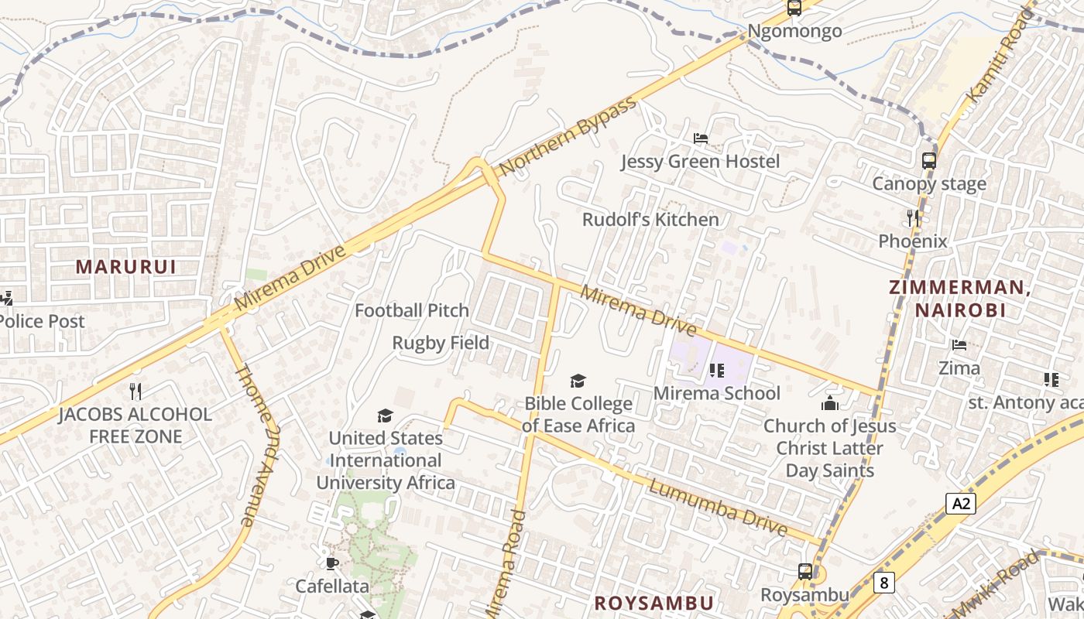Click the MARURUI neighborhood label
(125, 267)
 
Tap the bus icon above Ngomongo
(794, 9)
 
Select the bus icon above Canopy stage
(928, 161)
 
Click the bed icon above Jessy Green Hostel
(701, 139)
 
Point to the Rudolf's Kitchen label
(650, 219)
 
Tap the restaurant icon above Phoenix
(913, 218)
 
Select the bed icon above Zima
(959, 345)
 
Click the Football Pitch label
(412, 310)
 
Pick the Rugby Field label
(441, 343)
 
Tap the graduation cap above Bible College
(578, 381)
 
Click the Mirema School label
(717, 393)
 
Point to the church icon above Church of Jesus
(829, 403)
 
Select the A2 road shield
(960, 504)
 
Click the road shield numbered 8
(883, 582)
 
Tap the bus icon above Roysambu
(805, 572)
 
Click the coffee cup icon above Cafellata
(332, 563)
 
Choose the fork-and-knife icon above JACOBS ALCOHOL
(135, 392)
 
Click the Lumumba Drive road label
(718, 508)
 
